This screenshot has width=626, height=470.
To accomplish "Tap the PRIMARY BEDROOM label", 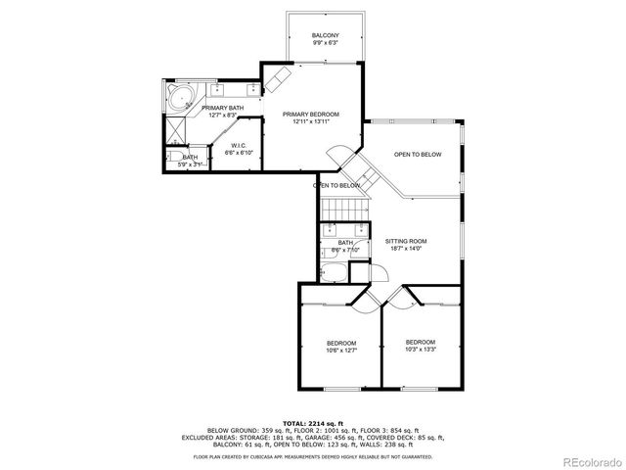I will pos(310,115).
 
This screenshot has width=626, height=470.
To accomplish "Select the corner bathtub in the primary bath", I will pos(179,98).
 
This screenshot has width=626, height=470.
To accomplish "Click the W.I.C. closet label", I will pos(239,147).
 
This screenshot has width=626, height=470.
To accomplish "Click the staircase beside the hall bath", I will pos(344,208).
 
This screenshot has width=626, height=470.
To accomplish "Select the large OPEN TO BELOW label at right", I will pos(418,155).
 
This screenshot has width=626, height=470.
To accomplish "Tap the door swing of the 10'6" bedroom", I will pos(362,304).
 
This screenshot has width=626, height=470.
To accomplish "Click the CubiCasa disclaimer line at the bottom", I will pos(313,457).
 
